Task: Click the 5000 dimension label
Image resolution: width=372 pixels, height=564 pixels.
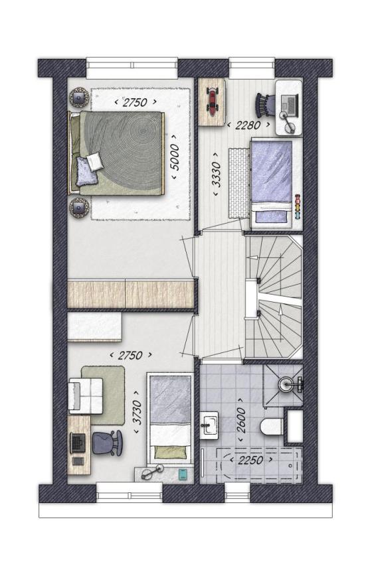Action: pyautogui.click(x=175, y=157)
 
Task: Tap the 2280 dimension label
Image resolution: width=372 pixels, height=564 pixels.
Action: pyautogui.click(x=248, y=125)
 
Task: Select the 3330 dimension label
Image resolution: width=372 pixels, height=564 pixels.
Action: pyautogui.click(x=217, y=174)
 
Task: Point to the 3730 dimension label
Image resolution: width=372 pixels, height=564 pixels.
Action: pyautogui.click(x=138, y=411)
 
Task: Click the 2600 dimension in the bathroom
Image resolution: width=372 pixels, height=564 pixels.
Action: pyautogui.click(x=241, y=421)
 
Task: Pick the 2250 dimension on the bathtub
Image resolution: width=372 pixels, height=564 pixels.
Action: pyautogui.click(x=250, y=460)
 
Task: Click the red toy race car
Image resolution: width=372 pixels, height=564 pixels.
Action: pyautogui.click(x=212, y=102)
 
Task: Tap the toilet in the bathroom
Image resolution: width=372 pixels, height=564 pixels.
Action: pyautogui.click(x=271, y=427)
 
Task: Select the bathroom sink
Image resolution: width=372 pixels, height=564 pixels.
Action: pyautogui.click(x=209, y=425)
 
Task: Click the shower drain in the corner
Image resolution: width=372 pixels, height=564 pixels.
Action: pyautogui.click(x=287, y=384)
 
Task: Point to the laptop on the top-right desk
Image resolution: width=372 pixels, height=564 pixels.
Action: pyautogui.click(x=289, y=105)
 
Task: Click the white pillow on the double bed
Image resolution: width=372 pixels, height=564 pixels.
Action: pyautogui.click(x=95, y=161)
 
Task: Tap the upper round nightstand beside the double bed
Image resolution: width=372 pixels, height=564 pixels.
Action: pyautogui.click(x=80, y=97)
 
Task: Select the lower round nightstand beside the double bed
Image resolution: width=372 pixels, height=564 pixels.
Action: pyautogui.click(x=80, y=208)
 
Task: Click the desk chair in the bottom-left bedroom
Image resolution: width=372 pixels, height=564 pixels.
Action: pyautogui.click(x=107, y=443)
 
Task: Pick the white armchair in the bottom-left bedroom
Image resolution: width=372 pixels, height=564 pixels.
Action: pyautogui.click(x=86, y=395)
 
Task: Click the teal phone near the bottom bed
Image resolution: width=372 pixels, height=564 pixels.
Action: pyautogui.click(x=183, y=474)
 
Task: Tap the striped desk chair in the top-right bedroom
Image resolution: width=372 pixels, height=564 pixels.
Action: pyautogui.click(x=265, y=105)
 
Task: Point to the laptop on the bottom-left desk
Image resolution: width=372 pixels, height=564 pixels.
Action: pyautogui.click(x=78, y=443)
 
